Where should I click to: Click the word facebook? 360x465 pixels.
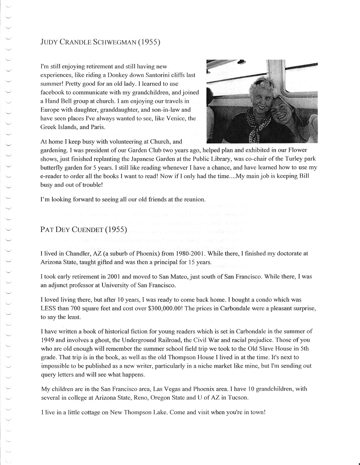[53, 92]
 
